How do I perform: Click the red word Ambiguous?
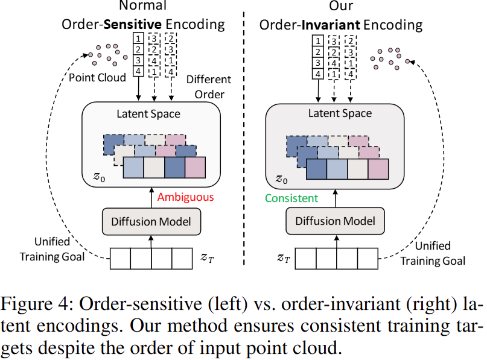[185, 197]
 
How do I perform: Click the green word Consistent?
[291, 197]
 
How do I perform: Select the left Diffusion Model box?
[150, 221]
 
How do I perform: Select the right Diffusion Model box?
[335, 221]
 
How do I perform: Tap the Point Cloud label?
[97, 78]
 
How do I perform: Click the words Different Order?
[205, 87]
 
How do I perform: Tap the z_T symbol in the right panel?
[284, 258]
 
